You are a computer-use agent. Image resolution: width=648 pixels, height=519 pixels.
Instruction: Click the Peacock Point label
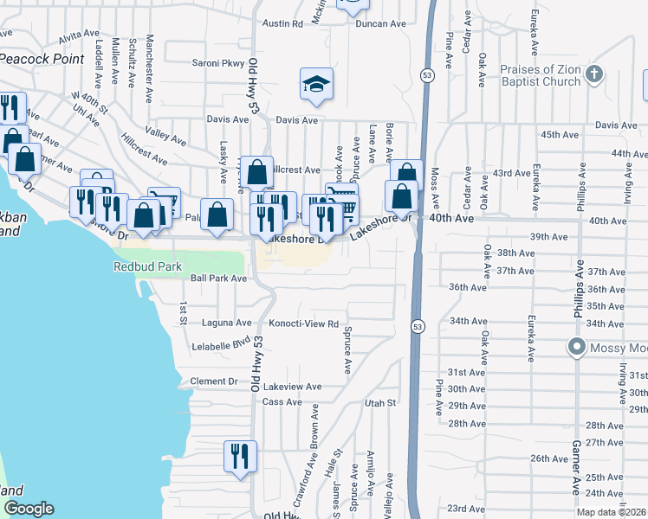click(x=42, y=59)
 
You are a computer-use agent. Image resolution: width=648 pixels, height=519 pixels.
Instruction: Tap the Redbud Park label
click(x=147, y=266)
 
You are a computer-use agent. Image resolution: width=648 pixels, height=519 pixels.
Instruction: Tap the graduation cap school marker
click(x=316, y=85)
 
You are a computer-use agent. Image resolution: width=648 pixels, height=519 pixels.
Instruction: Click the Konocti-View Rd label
click(x=302, y=323)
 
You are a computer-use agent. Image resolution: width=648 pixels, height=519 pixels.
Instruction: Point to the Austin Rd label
click(x=283, y=24)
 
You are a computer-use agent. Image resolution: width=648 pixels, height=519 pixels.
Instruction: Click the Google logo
click(x=29, y=509)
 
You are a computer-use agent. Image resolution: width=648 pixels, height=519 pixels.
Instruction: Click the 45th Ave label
click(x=560, y=135)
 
